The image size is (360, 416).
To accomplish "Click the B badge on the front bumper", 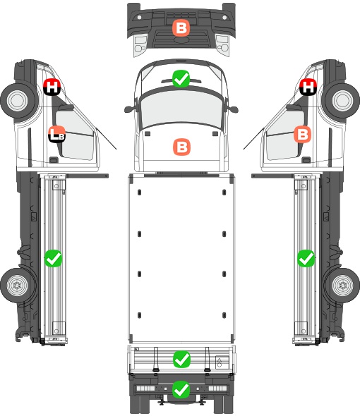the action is click(181, 28).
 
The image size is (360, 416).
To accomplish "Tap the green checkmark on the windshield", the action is click(181, 78).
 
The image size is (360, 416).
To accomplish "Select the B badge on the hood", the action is click(181, 147).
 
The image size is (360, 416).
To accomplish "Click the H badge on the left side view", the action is click(52, 87).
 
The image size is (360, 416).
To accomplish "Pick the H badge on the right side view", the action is click(308, 87).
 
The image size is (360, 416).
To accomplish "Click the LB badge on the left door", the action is click(57, 134).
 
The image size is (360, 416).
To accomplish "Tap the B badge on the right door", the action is click(303, 134).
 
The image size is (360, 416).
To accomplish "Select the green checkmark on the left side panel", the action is click(53, 258).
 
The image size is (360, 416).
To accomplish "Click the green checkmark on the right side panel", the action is click(306, 258).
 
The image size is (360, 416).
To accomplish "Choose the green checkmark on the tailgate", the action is click(181, 360).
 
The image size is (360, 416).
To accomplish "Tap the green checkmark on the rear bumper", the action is click(181, 389).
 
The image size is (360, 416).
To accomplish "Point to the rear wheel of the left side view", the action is click(18, 285).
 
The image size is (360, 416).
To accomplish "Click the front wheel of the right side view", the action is click(342, 101).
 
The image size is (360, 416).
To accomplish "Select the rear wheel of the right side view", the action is click(342, 285).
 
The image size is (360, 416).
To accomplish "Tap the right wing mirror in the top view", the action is click(233, 109).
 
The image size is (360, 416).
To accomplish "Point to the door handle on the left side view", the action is click(54, 160).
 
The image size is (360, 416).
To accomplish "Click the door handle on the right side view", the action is click(306, 160).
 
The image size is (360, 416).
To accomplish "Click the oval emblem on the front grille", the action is click(181, 40).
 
